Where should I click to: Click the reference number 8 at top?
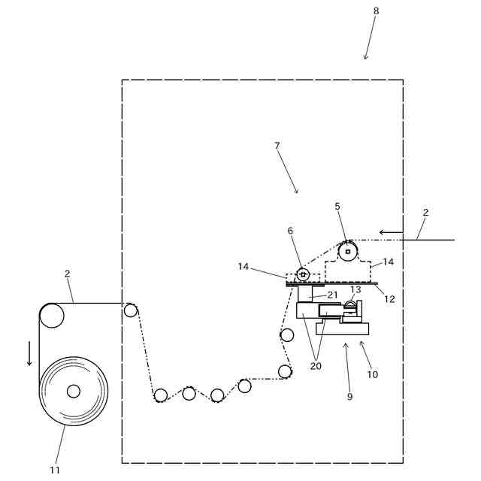[376, 11]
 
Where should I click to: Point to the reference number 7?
[277, 145]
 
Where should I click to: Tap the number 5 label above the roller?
[337, 206]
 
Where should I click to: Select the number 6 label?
[290, 231]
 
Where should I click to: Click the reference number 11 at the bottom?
[55, 470]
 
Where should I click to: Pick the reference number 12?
[389, 299]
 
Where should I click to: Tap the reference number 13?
[355, 289]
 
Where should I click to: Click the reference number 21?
[333, 295]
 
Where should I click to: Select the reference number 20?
[316, 366]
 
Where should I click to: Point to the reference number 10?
[373, 374]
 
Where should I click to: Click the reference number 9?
[349, 396]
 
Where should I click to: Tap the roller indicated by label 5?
[347, 250]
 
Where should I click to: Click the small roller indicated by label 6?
[304, 275]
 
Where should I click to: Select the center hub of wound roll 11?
[73, 391]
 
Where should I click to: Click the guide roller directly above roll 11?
[52, 316]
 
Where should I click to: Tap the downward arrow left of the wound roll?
[29, 352]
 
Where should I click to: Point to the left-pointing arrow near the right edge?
[391, 231]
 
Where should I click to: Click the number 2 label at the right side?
[425, 213]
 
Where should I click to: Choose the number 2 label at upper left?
[67, 274]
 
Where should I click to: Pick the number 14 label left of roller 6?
[244, 267]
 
